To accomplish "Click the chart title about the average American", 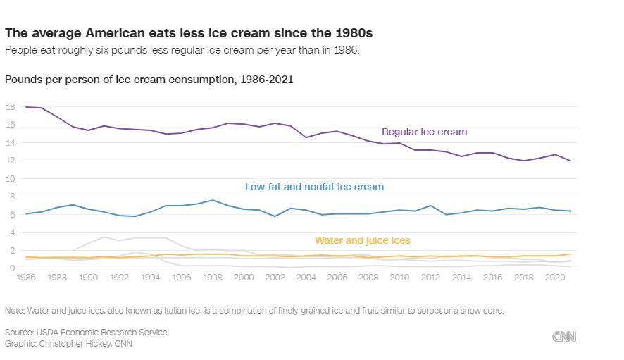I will tap(189, 33).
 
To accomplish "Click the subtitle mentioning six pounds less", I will tap(182, 50).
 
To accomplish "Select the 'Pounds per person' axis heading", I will tap(149, 80).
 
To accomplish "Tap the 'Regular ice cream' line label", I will tap(424, 132).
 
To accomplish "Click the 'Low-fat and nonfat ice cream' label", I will tap(314, 187).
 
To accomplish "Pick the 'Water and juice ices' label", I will tap(362, 240).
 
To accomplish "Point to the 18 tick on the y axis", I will tap(10, 107).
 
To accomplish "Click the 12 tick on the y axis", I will tap(10, 161).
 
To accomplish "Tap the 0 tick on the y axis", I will tap(12, 268).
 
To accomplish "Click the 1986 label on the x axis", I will tap(26, 278).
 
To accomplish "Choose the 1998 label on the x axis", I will tap(212, 278).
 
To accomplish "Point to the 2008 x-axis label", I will tap(368, 278).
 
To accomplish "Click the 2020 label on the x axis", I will tap(554, 278).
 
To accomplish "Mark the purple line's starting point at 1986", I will tap(26, 107).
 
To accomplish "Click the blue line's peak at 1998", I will tap(213, 200).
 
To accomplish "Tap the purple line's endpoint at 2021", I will tap(570, 161).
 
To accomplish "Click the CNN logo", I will tap(564, 337).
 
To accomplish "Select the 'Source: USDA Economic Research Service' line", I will tap(86, 332).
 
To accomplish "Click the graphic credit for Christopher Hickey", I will tap(68, 343).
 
